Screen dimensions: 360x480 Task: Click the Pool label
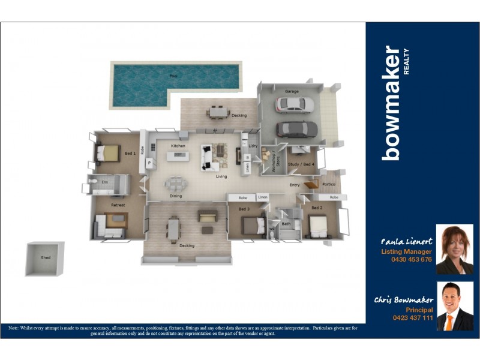coord(173,76)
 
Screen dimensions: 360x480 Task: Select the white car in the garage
coord(295,105)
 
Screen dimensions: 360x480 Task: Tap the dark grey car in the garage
coord(297,128)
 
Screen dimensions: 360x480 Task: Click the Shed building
coord(45,259)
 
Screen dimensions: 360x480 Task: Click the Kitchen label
coord(178,146)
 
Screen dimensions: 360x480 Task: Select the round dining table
coord(176,183)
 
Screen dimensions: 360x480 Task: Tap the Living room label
coord(221,176)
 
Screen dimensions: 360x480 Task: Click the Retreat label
coord(118,205)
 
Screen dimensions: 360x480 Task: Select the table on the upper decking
coord(218,112)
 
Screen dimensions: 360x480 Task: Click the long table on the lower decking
coord(173,228)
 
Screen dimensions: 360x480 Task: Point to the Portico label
coord(328,184)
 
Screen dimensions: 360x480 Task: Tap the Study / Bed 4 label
coord(302,164)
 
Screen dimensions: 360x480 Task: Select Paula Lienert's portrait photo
coord(454,249)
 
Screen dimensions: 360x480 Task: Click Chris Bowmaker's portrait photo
coord(454,306)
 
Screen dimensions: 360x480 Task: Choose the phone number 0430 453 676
coord(411,259)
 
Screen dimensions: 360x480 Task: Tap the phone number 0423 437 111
coord(412,317)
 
